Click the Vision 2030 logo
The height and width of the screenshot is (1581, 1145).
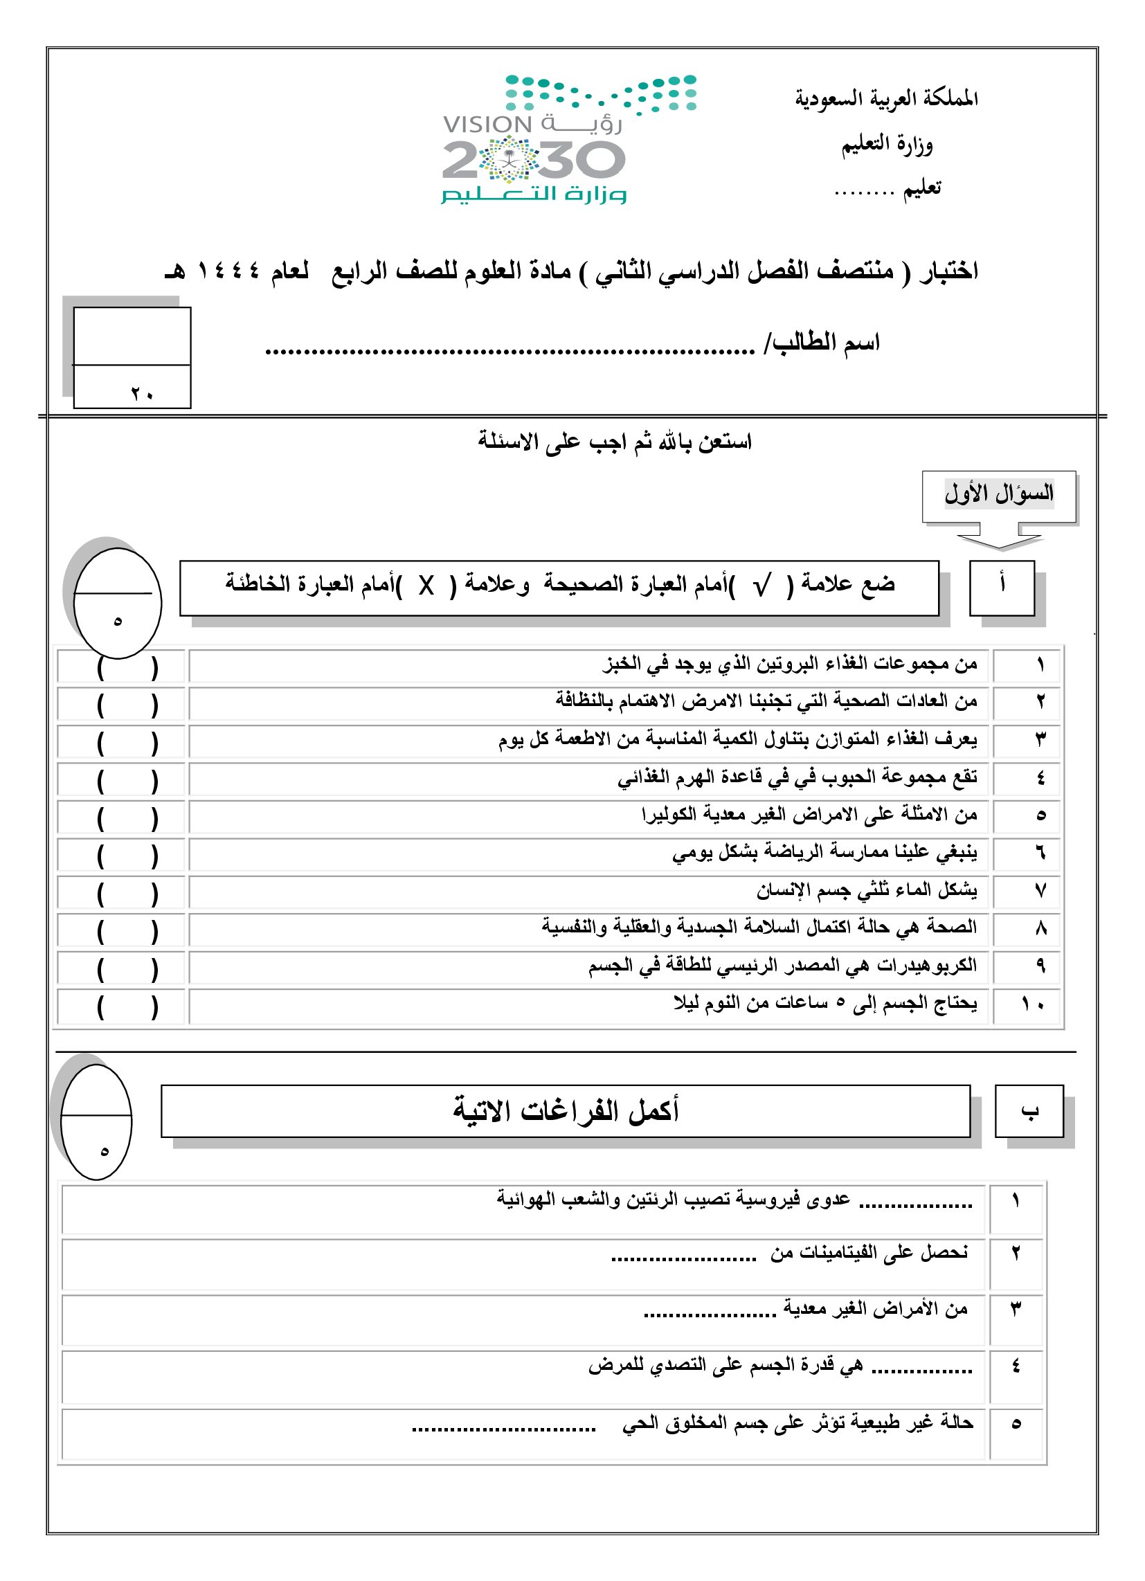pyautogui.click(x=534, y=139)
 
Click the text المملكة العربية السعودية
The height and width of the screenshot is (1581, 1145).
pyautogui.click(x=886, y=98)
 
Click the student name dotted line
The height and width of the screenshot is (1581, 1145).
pyautogui.click(x=509, y=350)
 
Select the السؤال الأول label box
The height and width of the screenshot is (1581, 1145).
pyautogui.click(x=998, y=494)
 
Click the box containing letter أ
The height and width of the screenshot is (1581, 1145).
pyautogui.click(x=1002, y=588)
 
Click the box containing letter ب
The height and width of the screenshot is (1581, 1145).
pyautogui.click(x=1029, y=1110)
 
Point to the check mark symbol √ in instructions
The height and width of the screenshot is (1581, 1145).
pyautogui.click(x=762, y=586)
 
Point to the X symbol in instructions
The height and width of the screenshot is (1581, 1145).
pyautogui.click(x=426, y=586)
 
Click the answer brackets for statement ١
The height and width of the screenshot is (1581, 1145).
pyautogui.click(x=127, y=667)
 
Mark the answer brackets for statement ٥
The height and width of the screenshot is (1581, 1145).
pyautogui.click(x=127, y=817)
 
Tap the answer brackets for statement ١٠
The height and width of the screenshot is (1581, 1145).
pyautogui.click(x=127, y=1006)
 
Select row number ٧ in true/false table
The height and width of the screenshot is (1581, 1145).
pyautogui.click(x=1040, y=891)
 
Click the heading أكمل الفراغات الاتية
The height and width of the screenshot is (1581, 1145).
pyautogui.click(x=566, y=1110)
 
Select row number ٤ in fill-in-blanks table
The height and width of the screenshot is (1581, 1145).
pyautogui.click(x=1016, y=1366)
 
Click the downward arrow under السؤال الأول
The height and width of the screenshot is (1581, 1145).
pyautogui.click(x=999, y=541)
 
